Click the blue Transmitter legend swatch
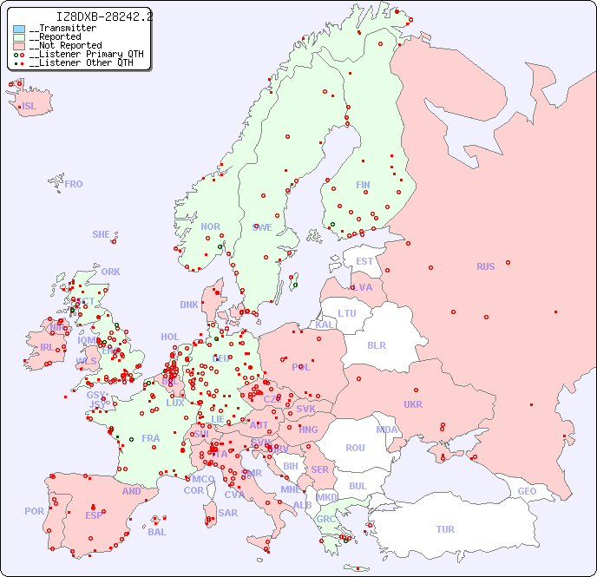[x=19, y=29]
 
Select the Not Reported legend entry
[x=65, y=45]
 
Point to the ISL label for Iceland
[x=30, y=107]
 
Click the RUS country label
[x=485, y=266]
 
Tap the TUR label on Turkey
[x=445, y=529]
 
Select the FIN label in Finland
[x=363, y=185]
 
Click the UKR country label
[x=413, y=404]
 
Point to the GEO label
[x=527, y=491]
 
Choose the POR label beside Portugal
[x=34, y=511]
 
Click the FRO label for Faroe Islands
[x=74, y=184]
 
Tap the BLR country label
[x=376, y=344]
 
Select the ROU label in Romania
[x=355, y=448]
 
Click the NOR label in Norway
[x=210, y=226]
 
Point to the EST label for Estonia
[x=364, y=261]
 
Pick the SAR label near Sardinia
[x=227, y=513]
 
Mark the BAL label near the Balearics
[x=156, y=532]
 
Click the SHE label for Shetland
[x=102, y=234]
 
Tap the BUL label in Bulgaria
[x=358, y=486]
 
